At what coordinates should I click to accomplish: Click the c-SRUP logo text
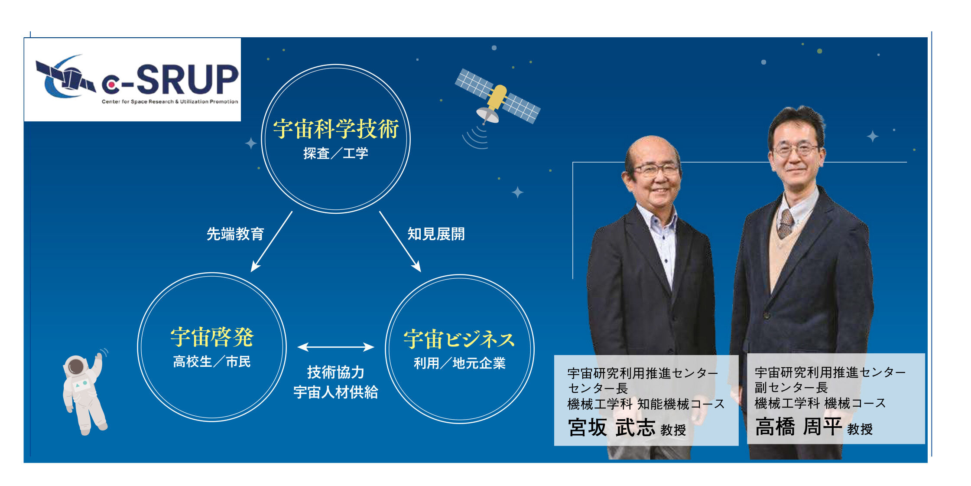(170, 79)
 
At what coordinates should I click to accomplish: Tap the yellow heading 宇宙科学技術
(336, 129)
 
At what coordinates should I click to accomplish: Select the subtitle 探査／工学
(336, 153)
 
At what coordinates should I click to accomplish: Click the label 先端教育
(235, 234)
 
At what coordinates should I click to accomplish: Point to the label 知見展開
(436, 234)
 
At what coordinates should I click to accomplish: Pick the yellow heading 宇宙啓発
(212, 337)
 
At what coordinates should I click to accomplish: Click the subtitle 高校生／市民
(212, 362)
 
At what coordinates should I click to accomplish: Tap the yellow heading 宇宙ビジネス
(459, 339)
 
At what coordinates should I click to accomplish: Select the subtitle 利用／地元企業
(459, 363)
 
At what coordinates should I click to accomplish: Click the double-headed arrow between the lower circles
(336, 347)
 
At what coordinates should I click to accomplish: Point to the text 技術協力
(336, 372)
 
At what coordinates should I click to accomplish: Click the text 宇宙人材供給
(336, 392)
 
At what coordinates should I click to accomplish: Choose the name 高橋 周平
(799, 427)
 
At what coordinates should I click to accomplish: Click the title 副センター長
(791, 388)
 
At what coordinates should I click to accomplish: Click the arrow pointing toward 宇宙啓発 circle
(272, 241)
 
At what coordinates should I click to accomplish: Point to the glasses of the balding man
(656, 170)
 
